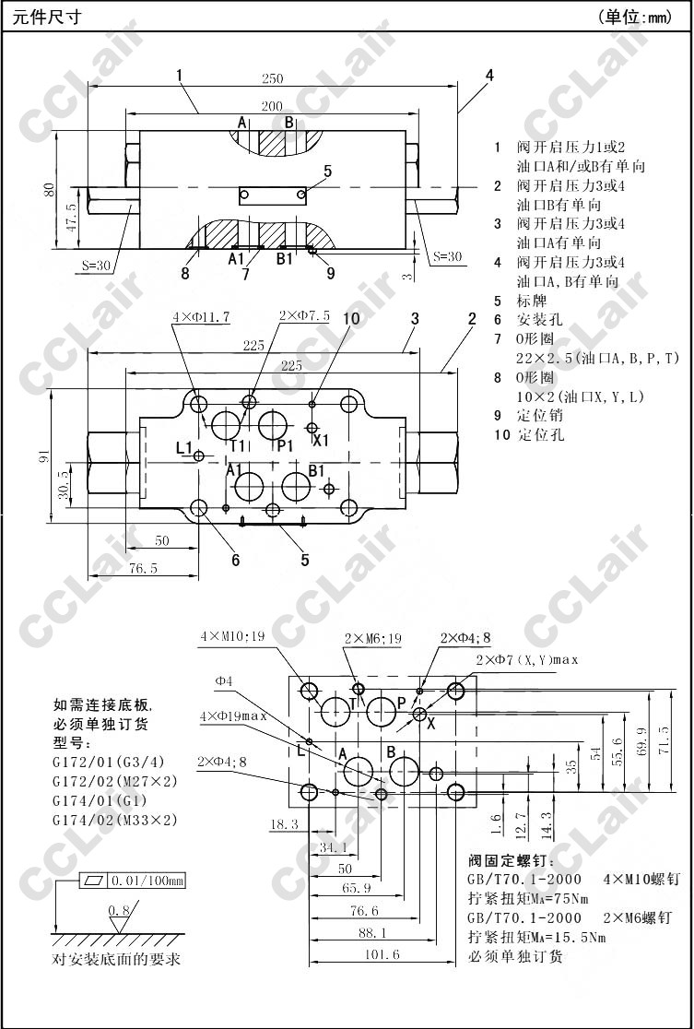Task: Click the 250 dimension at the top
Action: coord(272,78)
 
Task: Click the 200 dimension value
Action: coord(272,107)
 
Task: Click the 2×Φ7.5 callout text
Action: coord(305,316)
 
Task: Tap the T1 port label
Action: coord(237,446)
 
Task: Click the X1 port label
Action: coord(322,441)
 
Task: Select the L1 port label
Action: coord(183,448)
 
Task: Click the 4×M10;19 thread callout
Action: coord(232,636)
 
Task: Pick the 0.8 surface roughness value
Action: coord(118,911)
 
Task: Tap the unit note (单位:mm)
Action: coord(636,17)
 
